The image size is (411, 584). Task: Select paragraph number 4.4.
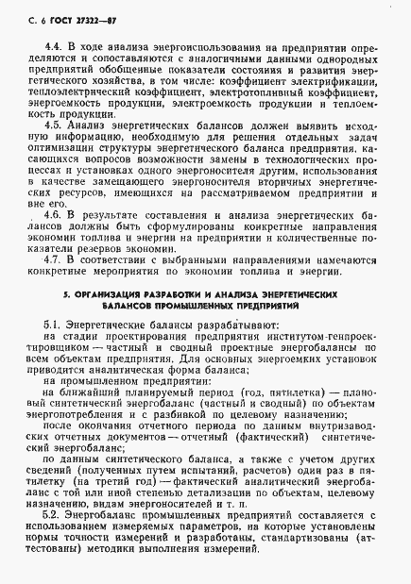[54, 45]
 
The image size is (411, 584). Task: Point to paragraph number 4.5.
[54, 124]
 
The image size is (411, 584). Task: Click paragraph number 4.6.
[54, 215]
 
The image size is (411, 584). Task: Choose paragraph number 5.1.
[54, 323]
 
